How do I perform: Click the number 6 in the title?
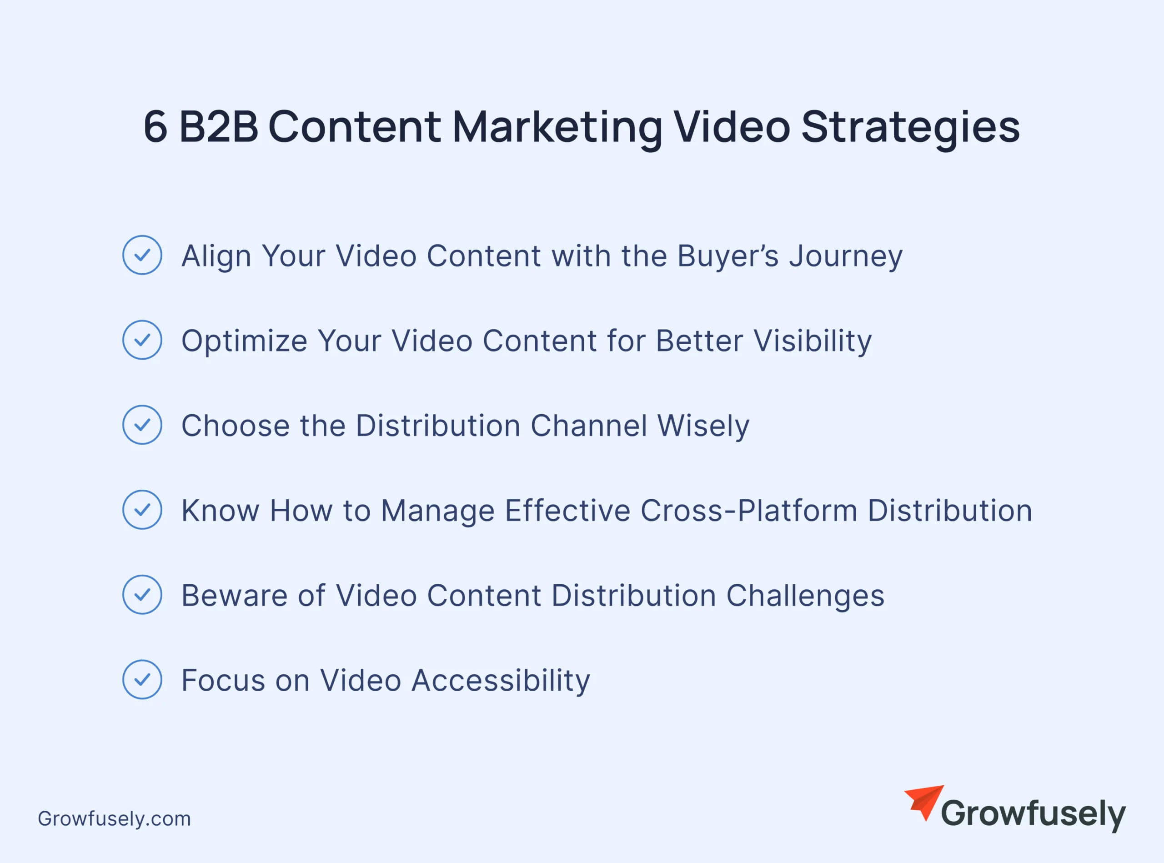[x=156, y=126]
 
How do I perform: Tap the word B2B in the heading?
[x=219, y=126]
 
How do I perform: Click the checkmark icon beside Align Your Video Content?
[x=142, y=255]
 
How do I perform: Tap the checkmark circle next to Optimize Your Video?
[x=142, y=340]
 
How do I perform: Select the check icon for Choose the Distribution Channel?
[x=142, y=425]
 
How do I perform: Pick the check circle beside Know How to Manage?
[x=142, y=510]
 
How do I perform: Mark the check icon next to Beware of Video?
[x=142, y=594]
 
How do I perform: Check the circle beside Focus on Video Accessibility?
[x=142, y=680]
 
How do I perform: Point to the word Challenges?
[x=806, y=597]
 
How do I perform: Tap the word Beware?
[x=235, y=596]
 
